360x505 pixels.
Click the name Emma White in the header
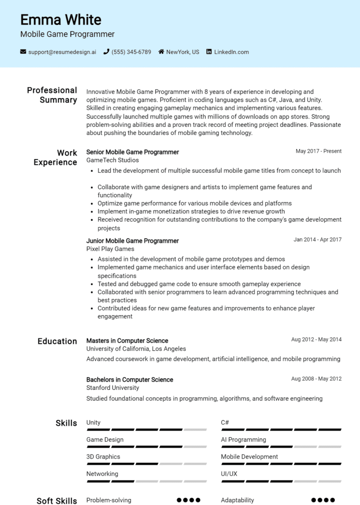coord(60,20)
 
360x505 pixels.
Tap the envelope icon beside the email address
coord(23,52)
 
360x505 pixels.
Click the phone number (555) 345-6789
coord(131,52)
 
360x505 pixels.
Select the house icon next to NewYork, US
coord(161,52)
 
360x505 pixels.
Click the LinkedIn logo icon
coord(209,52)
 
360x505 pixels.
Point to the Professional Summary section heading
coord(52,95)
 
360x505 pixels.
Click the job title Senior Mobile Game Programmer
coord(133,152)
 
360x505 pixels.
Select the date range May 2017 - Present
coord(318,151)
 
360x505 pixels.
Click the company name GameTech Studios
coord(112,160)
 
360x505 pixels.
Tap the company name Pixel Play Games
coord(110,249)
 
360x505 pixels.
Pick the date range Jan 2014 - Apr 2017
coord(317,240)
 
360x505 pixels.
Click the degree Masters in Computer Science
coord(127,341)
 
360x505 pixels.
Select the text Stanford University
coord(112,388)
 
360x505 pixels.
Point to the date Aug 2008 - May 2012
coord(316,379)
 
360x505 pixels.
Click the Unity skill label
coord(93,423)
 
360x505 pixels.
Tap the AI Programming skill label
coord(243,440)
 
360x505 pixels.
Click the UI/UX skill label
coord(229,474)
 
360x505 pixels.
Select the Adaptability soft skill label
coord(237,500)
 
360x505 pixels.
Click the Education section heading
coord(57,342)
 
